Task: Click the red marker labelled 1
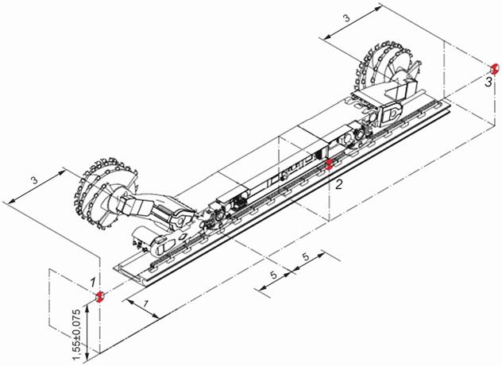100,296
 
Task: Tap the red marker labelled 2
330,164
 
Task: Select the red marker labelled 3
495,69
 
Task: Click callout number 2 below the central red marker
338,184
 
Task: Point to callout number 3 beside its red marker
488,82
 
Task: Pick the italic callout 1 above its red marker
93,282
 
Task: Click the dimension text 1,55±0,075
76,334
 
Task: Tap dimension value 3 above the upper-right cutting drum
347,18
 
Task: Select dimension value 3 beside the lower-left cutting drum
34,180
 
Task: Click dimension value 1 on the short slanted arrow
145,303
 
